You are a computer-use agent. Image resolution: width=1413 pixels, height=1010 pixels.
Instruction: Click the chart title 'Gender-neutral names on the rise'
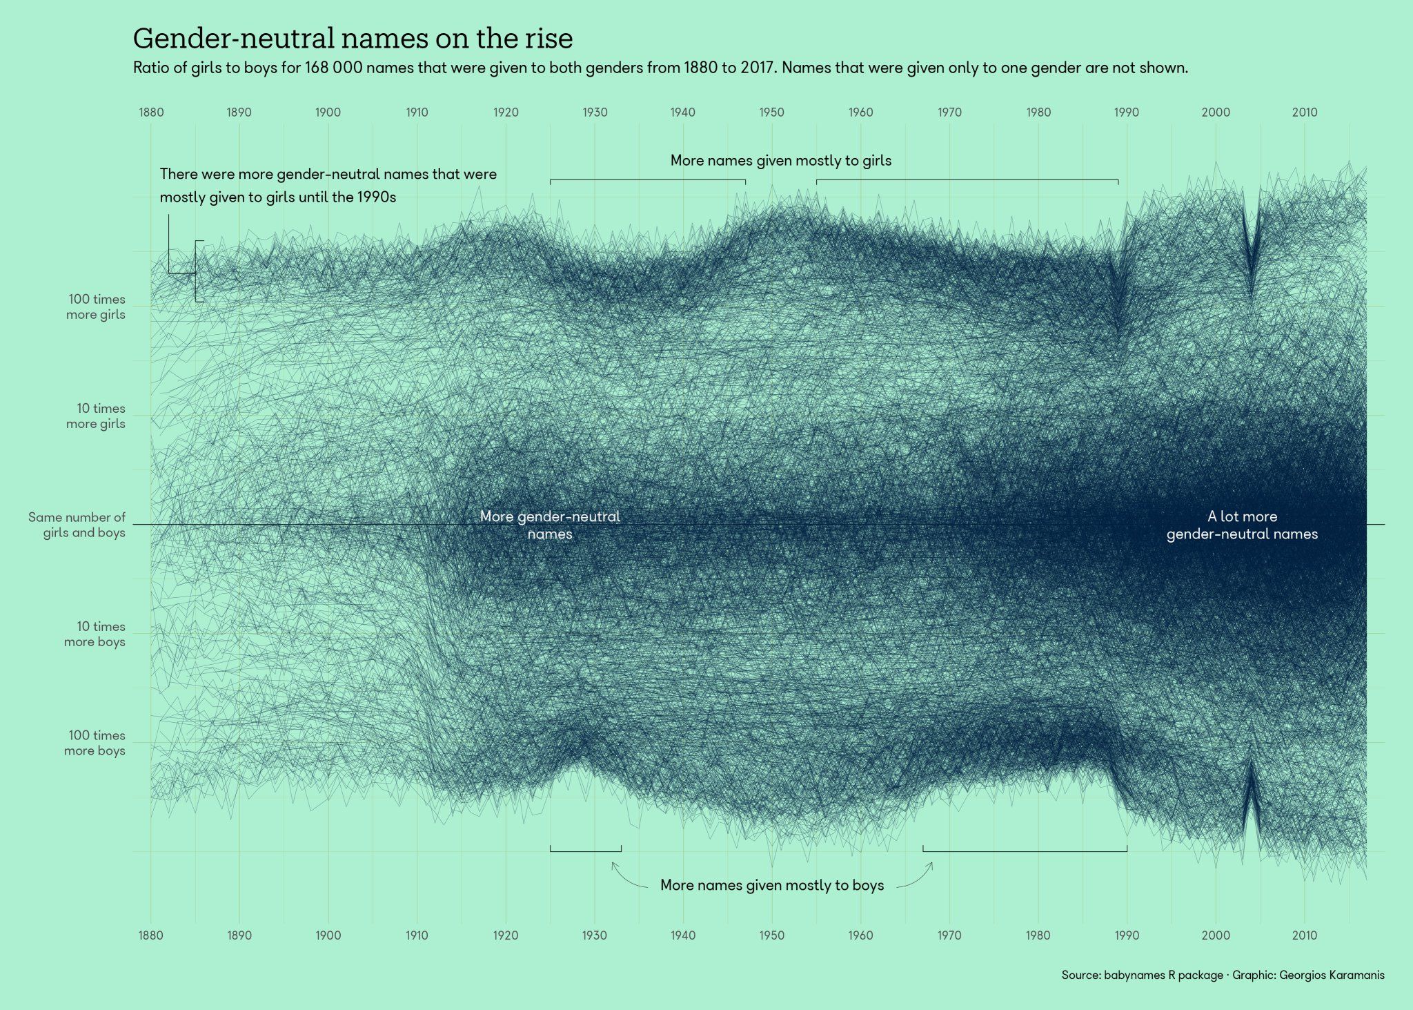coord(353,39)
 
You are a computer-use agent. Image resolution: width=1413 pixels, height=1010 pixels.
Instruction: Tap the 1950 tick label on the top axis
coord(771,113)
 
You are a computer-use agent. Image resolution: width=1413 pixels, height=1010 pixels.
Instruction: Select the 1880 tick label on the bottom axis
coord(150,935)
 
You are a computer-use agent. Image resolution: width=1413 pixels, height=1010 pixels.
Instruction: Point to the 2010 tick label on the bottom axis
coord(1304,935)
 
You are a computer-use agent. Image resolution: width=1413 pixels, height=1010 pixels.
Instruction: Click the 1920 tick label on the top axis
coord(505,113)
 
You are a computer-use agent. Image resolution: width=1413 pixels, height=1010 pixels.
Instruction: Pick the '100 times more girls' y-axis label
coord(96,307)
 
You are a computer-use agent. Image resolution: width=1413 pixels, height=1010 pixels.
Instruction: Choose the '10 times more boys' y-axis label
coord(95,634)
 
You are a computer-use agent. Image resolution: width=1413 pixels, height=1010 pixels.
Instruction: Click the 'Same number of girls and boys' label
coord(77,525)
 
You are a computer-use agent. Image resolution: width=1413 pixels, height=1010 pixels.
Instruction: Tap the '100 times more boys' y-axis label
coord(95,743)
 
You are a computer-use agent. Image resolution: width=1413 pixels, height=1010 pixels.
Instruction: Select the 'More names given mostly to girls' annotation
coord(780,161)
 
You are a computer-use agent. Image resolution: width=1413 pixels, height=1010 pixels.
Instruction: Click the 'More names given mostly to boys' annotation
coord(771,885)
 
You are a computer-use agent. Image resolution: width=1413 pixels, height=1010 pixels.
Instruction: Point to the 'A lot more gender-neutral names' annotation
coord(1242,525)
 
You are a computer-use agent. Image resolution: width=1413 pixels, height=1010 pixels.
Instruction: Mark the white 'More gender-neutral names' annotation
coord(550,525)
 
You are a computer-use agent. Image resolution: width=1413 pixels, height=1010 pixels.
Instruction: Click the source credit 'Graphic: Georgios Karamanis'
coord(1308,975)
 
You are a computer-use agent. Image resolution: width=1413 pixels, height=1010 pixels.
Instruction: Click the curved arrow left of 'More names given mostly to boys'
coord(626,877)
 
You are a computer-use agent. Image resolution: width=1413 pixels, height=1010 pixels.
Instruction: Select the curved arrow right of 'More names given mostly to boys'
coord(918,877)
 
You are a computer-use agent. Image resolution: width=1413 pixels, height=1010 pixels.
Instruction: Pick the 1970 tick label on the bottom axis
coord(949,935)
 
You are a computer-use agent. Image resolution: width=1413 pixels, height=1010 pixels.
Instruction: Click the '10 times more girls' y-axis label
coord(96,416)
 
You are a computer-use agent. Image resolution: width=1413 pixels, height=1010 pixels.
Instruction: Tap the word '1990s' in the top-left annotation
coord(377,197)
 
